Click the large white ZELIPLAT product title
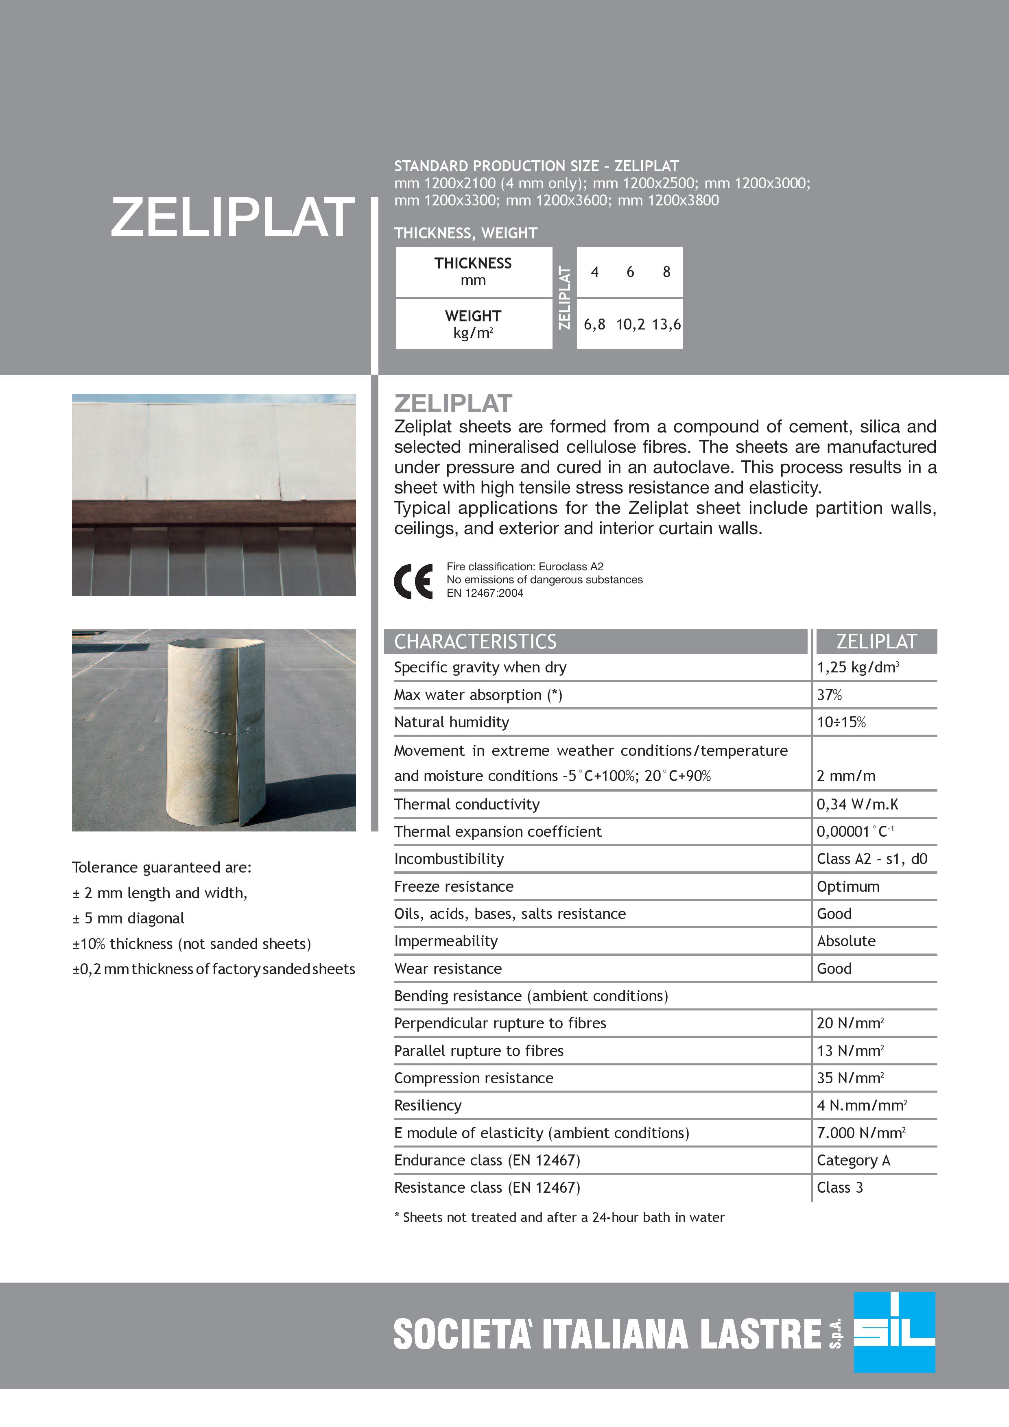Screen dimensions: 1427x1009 click(232, 218)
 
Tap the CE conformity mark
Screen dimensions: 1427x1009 click(413, 580)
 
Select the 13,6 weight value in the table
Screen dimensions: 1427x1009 click(666, 324)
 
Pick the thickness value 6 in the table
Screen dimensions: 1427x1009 click(630, 272)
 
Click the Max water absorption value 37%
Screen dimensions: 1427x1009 click(829, 695)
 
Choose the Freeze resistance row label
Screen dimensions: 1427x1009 click(454, 886)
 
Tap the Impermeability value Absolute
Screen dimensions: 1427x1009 click(846, 941)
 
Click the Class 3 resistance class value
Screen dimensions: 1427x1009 click(840, 1187)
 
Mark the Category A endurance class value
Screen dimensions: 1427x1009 click(853, 1160)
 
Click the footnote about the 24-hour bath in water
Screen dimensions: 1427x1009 click(559, 1217)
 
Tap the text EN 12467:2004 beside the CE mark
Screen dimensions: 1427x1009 click(485, 593)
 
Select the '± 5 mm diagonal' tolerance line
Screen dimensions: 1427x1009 click(129, 918)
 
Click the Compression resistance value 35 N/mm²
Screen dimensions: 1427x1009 click(850, 1078)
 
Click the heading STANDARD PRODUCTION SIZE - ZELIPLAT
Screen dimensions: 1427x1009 click(536, 166)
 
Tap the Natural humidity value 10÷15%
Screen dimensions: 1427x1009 click(841, 722)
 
